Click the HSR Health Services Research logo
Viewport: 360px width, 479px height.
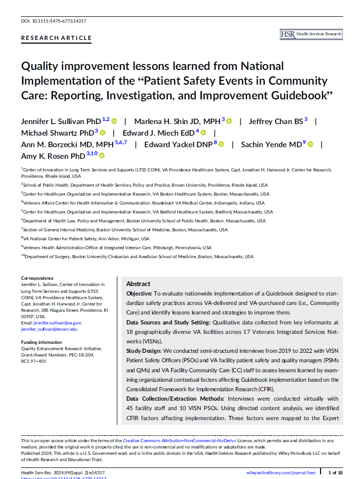tap(311, 34)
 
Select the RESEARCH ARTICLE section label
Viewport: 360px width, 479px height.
tap(56, 38)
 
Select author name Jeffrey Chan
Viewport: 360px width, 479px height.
tap(268, 121)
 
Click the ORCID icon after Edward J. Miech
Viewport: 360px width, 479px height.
tap(203, 133)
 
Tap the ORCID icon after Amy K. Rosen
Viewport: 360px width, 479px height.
tap(102, 156)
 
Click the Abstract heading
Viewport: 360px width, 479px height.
tap(138, 284)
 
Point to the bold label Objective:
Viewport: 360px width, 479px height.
tap(139, 293)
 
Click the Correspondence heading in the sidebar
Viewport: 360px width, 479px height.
tap(37, 278)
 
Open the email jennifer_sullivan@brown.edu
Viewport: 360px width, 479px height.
tap(49, 329)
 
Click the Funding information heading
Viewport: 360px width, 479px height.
tap(41, 342)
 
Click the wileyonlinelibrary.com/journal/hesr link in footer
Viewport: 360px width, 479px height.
tap(285, 473)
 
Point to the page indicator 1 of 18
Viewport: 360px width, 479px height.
tap(336, 473)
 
